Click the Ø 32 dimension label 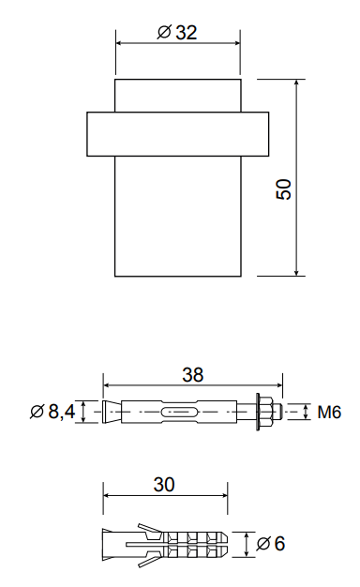[x=177, y=33]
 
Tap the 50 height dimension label [x=284, y=189]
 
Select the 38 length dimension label [x=193, y=375]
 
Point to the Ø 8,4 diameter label [x=52, y=412]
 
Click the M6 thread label [x=329, y=413]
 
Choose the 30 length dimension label [x=164, y=485]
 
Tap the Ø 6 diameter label [x=271, y=544]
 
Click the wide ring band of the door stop [x=178, y=134]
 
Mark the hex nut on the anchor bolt [x=266, y=412]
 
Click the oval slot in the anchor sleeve [x=179, y=412]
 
